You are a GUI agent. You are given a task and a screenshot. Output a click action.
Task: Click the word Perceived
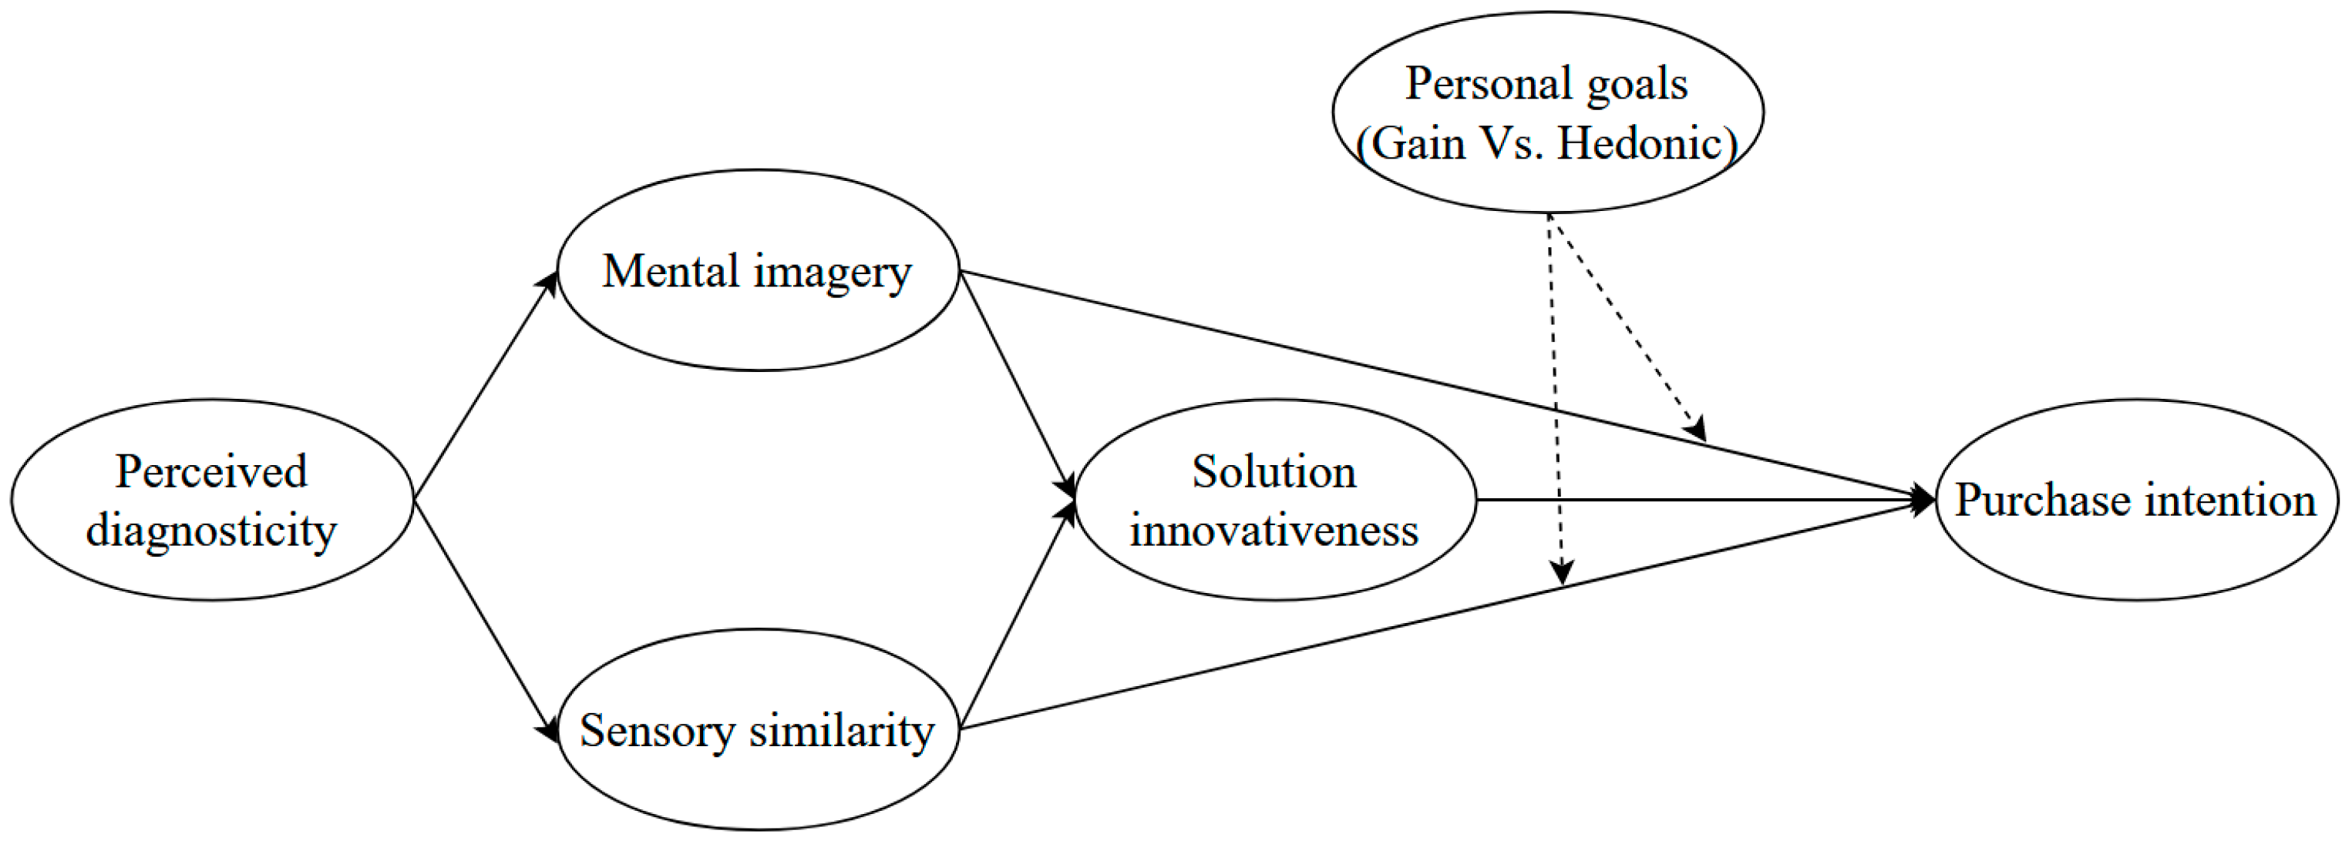[x=211, y=472]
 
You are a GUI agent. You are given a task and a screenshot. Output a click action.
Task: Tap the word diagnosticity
[x=211, y=530]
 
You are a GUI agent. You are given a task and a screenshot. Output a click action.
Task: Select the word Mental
[x=669, y=271]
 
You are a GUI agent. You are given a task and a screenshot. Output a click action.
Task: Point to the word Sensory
[x=657, y=731]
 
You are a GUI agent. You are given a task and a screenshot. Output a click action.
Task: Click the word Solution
[x=1274, y=472]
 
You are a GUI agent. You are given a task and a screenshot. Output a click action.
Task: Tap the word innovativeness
[x=1274, y=530]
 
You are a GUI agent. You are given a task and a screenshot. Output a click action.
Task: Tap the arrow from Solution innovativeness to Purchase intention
[x=1698, y=500]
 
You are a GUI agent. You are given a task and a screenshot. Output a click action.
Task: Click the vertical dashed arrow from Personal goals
[x=1555, y=392]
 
